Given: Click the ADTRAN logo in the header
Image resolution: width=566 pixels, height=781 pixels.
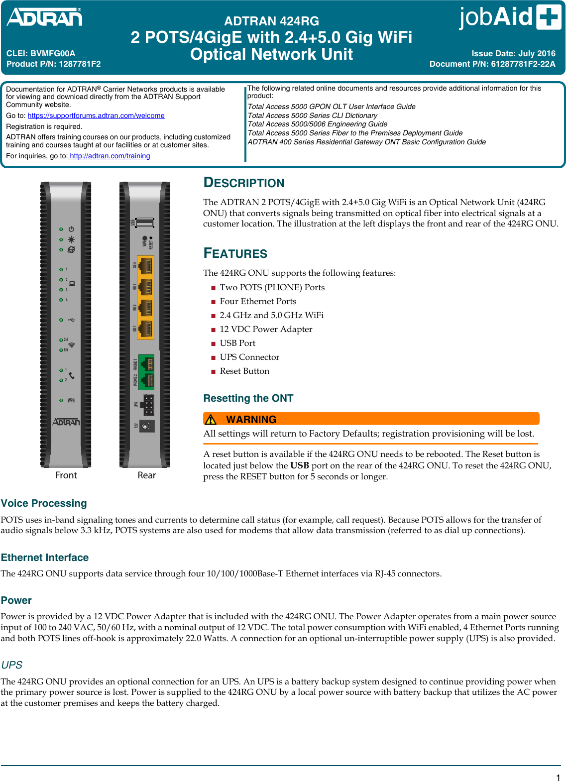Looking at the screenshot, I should click(44, 17).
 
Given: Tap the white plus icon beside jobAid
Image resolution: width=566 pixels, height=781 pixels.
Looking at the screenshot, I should click(549, 17).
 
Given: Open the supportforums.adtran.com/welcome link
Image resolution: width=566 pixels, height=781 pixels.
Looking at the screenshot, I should click(96, 115).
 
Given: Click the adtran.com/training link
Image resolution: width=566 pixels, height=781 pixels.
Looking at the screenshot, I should click(110, 156).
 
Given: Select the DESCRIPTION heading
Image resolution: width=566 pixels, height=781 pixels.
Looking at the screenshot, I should click(244, 183).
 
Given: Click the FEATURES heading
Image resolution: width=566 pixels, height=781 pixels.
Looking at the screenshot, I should click(235, 253).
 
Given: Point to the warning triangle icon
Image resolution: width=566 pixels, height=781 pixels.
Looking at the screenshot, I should click(211, 419).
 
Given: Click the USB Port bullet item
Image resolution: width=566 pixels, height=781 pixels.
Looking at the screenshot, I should click(237, 343).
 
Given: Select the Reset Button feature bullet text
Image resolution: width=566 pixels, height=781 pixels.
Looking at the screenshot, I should click(244, 371).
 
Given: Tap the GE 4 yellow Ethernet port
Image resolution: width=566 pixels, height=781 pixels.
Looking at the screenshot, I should click(145, 266).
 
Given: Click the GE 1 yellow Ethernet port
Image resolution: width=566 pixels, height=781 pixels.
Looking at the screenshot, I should click(145, 329).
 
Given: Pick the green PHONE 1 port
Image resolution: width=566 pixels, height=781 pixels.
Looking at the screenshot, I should click(146, 364).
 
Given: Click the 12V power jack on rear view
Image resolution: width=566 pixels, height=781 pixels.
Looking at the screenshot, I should click(146, 426).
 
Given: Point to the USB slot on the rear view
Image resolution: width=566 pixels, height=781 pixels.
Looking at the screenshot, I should click(145, 222).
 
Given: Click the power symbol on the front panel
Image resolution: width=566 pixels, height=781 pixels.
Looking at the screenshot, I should click(71, 229).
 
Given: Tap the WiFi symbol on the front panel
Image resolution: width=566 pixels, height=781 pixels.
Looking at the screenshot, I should click(72, 344).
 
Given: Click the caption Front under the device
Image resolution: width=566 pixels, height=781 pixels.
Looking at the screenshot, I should click(66, 475).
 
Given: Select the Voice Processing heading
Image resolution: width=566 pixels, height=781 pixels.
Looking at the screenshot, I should click(44, 503).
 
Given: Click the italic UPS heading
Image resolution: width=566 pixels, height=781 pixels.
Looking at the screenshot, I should click(11, 665).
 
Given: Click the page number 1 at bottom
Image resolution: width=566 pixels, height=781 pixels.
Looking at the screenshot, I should click(558, 778).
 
